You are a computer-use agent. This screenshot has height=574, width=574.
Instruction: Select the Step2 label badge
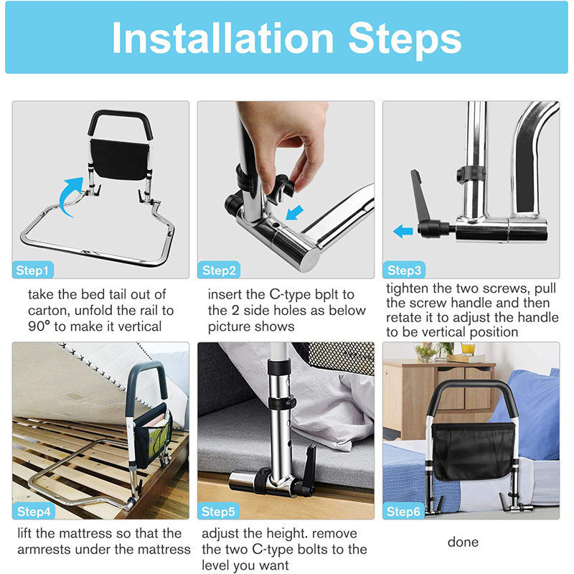tap(220, 270)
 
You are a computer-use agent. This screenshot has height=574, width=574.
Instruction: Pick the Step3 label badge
tap(405, 270)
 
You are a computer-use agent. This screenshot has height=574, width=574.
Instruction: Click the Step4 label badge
tap(34, 512)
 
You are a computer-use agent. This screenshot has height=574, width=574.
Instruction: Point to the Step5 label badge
tap(220, 512)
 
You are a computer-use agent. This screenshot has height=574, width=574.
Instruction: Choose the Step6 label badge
tap(405, 512)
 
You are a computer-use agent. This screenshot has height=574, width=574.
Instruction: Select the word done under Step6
tap(463, 542)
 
